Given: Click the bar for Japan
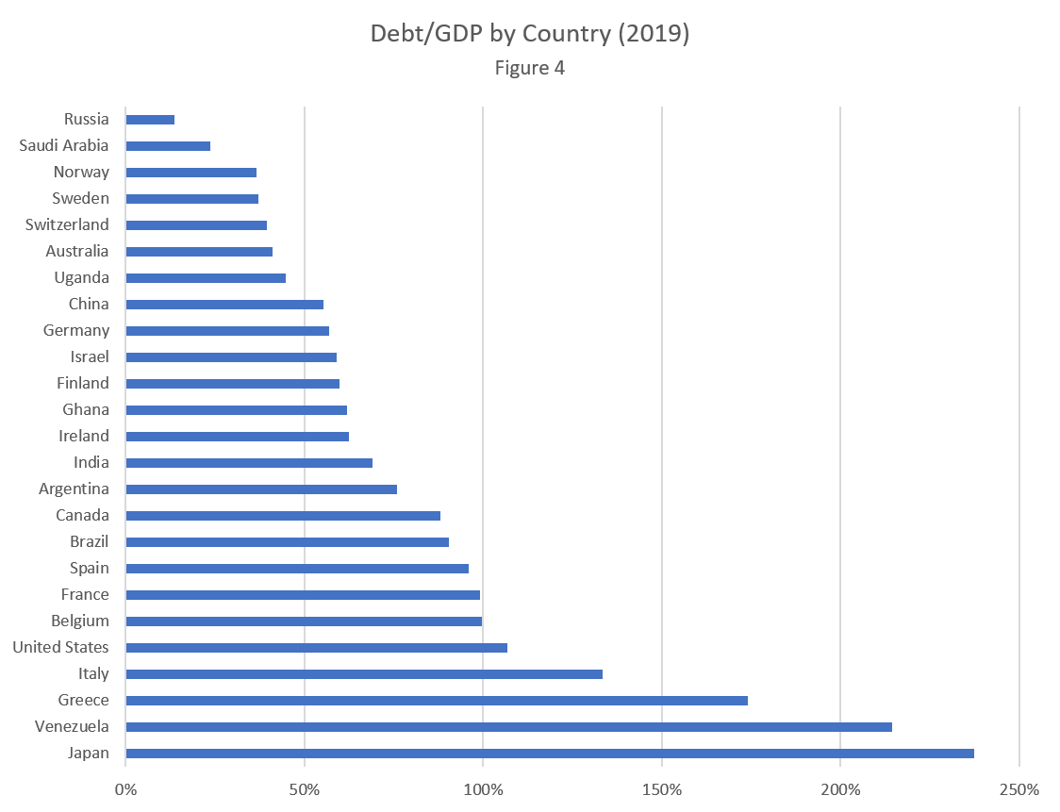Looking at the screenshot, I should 549,754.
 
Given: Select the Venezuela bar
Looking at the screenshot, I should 508,727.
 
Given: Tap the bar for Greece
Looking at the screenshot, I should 436,701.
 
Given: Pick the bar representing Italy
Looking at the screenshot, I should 363,674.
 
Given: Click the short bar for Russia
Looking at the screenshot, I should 150,120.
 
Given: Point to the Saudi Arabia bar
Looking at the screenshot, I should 168,146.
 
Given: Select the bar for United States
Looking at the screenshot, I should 316,648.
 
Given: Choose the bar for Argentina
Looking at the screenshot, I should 261,489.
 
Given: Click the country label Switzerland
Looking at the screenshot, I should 67,224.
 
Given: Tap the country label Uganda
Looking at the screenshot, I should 81,277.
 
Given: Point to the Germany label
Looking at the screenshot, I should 76,330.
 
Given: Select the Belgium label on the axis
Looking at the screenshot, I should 80,621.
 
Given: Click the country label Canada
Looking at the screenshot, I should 82,515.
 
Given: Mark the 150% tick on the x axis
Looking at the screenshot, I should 662,788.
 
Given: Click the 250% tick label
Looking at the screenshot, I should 1019,788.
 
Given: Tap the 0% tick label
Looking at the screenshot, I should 124,788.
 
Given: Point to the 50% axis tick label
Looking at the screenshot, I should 304,788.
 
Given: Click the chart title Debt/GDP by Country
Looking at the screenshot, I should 530,34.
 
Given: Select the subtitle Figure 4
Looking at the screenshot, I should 530,68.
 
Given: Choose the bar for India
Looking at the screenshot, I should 249,463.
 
